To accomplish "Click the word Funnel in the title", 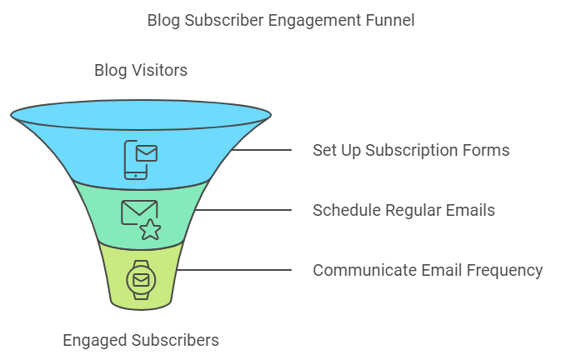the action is pyautogui.click(x=390, y=20).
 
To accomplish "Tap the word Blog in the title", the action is pyautogui.click(x=163, y=21).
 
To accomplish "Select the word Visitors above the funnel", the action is pyautogui.click(x=159, y=70).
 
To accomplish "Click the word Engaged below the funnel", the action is pyautogui.click(x=94, y=341).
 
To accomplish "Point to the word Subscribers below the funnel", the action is pyautogui.click(x=175, y=340).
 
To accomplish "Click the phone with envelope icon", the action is pyautogui.click(x=140, y=160).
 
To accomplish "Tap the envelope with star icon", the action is pyautogui.click(x=141, y=219).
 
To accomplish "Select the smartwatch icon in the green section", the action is pyautogui.click(x=141, y=280).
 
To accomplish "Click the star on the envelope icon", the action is pyautogui.click(x=151, y=230).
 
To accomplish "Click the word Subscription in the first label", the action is pyautogui.click(x=411, y=151).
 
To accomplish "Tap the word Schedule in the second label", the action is pyautogui.click(x=346, y=210).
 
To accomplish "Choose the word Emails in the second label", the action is pyautogui.click(x=470, y=210).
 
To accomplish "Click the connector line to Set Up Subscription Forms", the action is pyautogui.click(x=262, y=150).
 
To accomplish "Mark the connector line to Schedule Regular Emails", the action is pyautogui.click(x=243, y=210).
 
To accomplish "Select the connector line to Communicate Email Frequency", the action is pyautogui.click(x=234, y=270).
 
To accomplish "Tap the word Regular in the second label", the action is pyautogui.click(x=413, y=211).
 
